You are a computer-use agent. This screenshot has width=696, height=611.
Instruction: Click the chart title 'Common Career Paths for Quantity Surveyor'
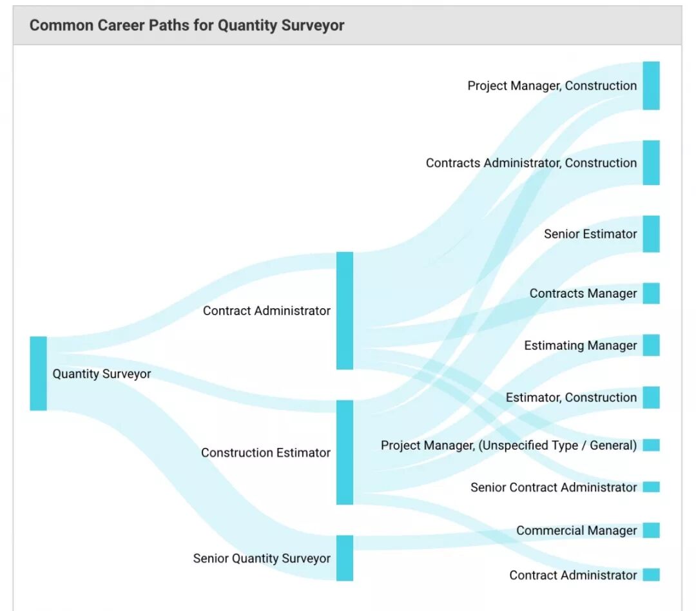187,25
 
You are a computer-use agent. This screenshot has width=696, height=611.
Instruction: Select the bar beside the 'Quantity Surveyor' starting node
38,373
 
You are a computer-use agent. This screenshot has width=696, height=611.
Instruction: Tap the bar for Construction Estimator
345,452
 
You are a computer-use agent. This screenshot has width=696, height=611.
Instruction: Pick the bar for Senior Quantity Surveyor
345,558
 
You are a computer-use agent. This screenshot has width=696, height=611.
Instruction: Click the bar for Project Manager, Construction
651,86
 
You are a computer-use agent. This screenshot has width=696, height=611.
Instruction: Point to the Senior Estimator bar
651,234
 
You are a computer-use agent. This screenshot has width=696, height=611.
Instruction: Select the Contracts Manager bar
651,293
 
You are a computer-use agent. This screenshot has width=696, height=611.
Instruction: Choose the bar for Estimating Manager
651,345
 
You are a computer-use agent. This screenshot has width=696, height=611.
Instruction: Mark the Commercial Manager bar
651,530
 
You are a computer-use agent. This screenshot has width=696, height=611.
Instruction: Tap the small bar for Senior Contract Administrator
651,487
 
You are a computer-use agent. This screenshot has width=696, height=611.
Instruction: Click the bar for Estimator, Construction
651,398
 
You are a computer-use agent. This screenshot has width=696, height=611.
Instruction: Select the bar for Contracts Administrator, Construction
651,162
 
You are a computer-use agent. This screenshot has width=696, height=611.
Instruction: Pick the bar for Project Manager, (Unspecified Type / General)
651,445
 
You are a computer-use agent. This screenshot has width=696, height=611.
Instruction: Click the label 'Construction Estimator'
266,452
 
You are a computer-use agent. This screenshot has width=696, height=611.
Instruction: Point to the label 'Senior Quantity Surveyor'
262,558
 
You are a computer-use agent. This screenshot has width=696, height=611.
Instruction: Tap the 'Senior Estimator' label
590,234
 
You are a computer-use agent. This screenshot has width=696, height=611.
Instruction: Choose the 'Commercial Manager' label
576,530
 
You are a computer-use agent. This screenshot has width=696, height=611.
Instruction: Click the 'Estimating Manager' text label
580,345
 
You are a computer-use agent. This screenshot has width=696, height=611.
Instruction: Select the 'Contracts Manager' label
583,293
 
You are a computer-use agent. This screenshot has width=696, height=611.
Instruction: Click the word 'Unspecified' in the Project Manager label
513,445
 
